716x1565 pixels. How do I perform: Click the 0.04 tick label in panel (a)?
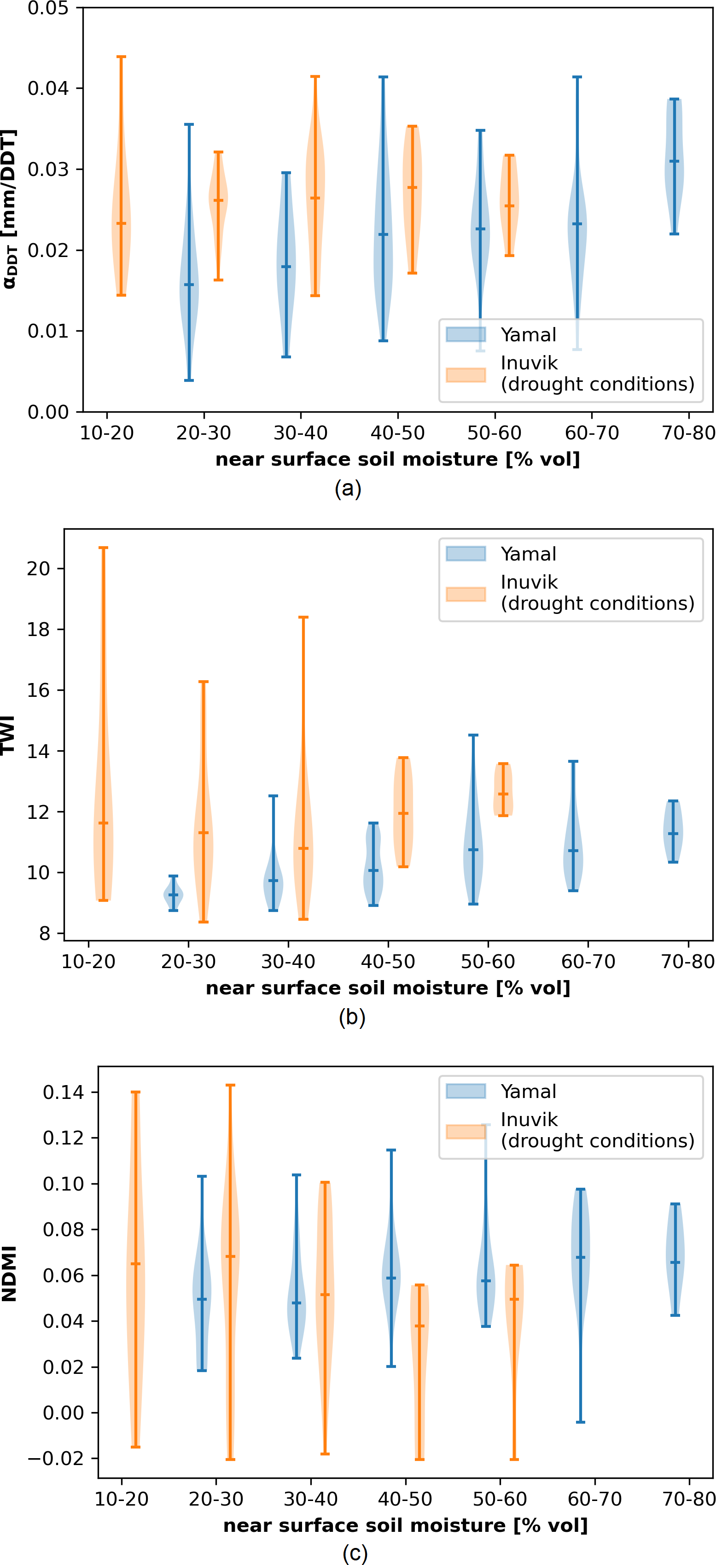[47, 88]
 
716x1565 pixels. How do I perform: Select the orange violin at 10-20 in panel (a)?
[122, 225]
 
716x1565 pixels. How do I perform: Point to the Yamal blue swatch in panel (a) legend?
[466, 335]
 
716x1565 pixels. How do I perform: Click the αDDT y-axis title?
[9, 209]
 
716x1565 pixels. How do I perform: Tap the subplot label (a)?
[348, 489]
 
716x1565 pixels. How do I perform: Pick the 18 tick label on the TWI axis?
[38, 630]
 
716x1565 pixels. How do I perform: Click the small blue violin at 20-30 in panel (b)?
[173, 894]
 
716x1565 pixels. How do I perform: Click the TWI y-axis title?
[8, 735]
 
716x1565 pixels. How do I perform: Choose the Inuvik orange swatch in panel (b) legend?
[466, 594]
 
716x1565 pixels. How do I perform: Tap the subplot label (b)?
[352, 1017]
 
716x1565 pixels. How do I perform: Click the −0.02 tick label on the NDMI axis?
[63, 1458]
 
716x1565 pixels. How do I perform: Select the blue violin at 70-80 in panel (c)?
[675, 1259]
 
